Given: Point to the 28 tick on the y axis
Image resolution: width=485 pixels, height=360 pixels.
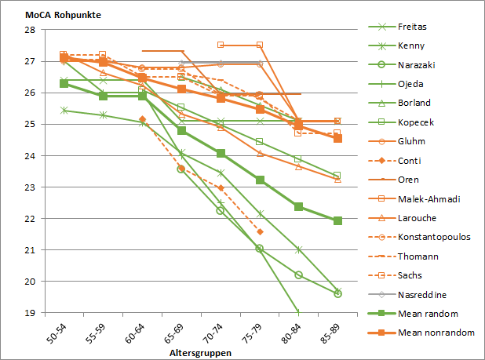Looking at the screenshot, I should pos(30,30).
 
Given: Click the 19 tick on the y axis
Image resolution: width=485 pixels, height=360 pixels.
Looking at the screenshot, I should pos(30,313).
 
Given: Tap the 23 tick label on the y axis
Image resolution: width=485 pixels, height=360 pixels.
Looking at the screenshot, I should pos(30,187).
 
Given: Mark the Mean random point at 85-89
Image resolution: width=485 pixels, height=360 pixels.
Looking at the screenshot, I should pos(337,221).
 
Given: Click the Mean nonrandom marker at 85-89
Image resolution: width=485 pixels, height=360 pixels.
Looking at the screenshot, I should pos(337,138).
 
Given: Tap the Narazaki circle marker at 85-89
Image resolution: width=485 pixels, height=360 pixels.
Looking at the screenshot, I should pos(337,293).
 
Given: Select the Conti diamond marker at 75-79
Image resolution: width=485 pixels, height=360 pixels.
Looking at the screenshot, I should pos(260,231).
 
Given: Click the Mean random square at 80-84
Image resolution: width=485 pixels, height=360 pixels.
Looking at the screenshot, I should pos(299,206).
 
